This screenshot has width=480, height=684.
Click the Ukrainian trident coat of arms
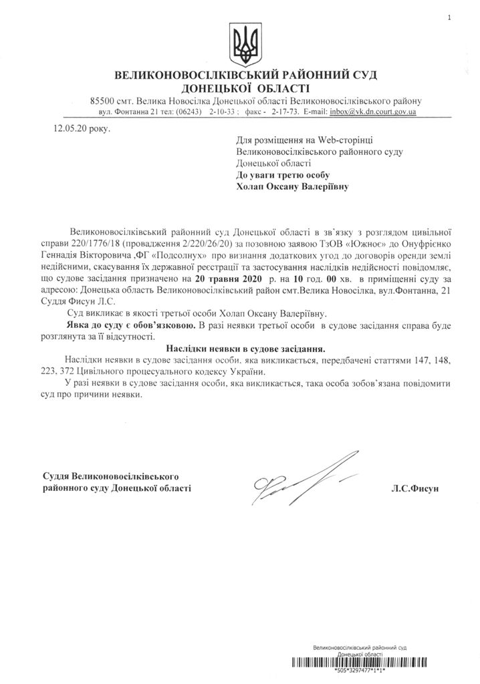242,43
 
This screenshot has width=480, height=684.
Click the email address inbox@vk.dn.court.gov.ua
373,112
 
